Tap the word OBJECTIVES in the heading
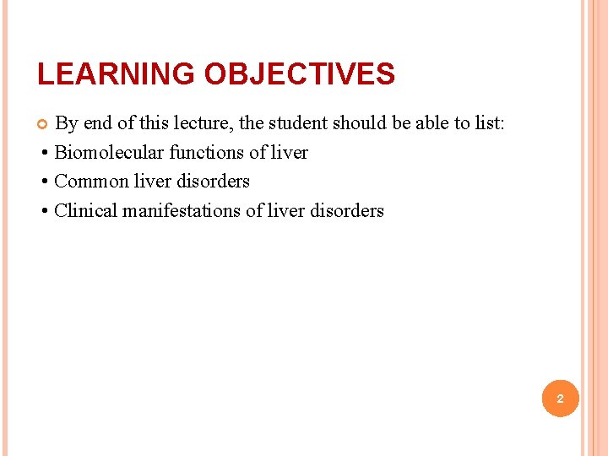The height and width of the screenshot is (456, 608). (x=300, y=74)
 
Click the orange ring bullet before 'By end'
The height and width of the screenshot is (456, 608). (x=43, y=124)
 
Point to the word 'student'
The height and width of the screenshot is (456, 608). (x=297, y=123)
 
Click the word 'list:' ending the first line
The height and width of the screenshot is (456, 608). (x=491, y=123)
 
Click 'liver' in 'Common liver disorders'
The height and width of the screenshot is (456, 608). (x=152, y=182)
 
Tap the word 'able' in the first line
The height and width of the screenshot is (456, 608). (x=430, y=123)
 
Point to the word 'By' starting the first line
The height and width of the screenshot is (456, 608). (x=67, y=123)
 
